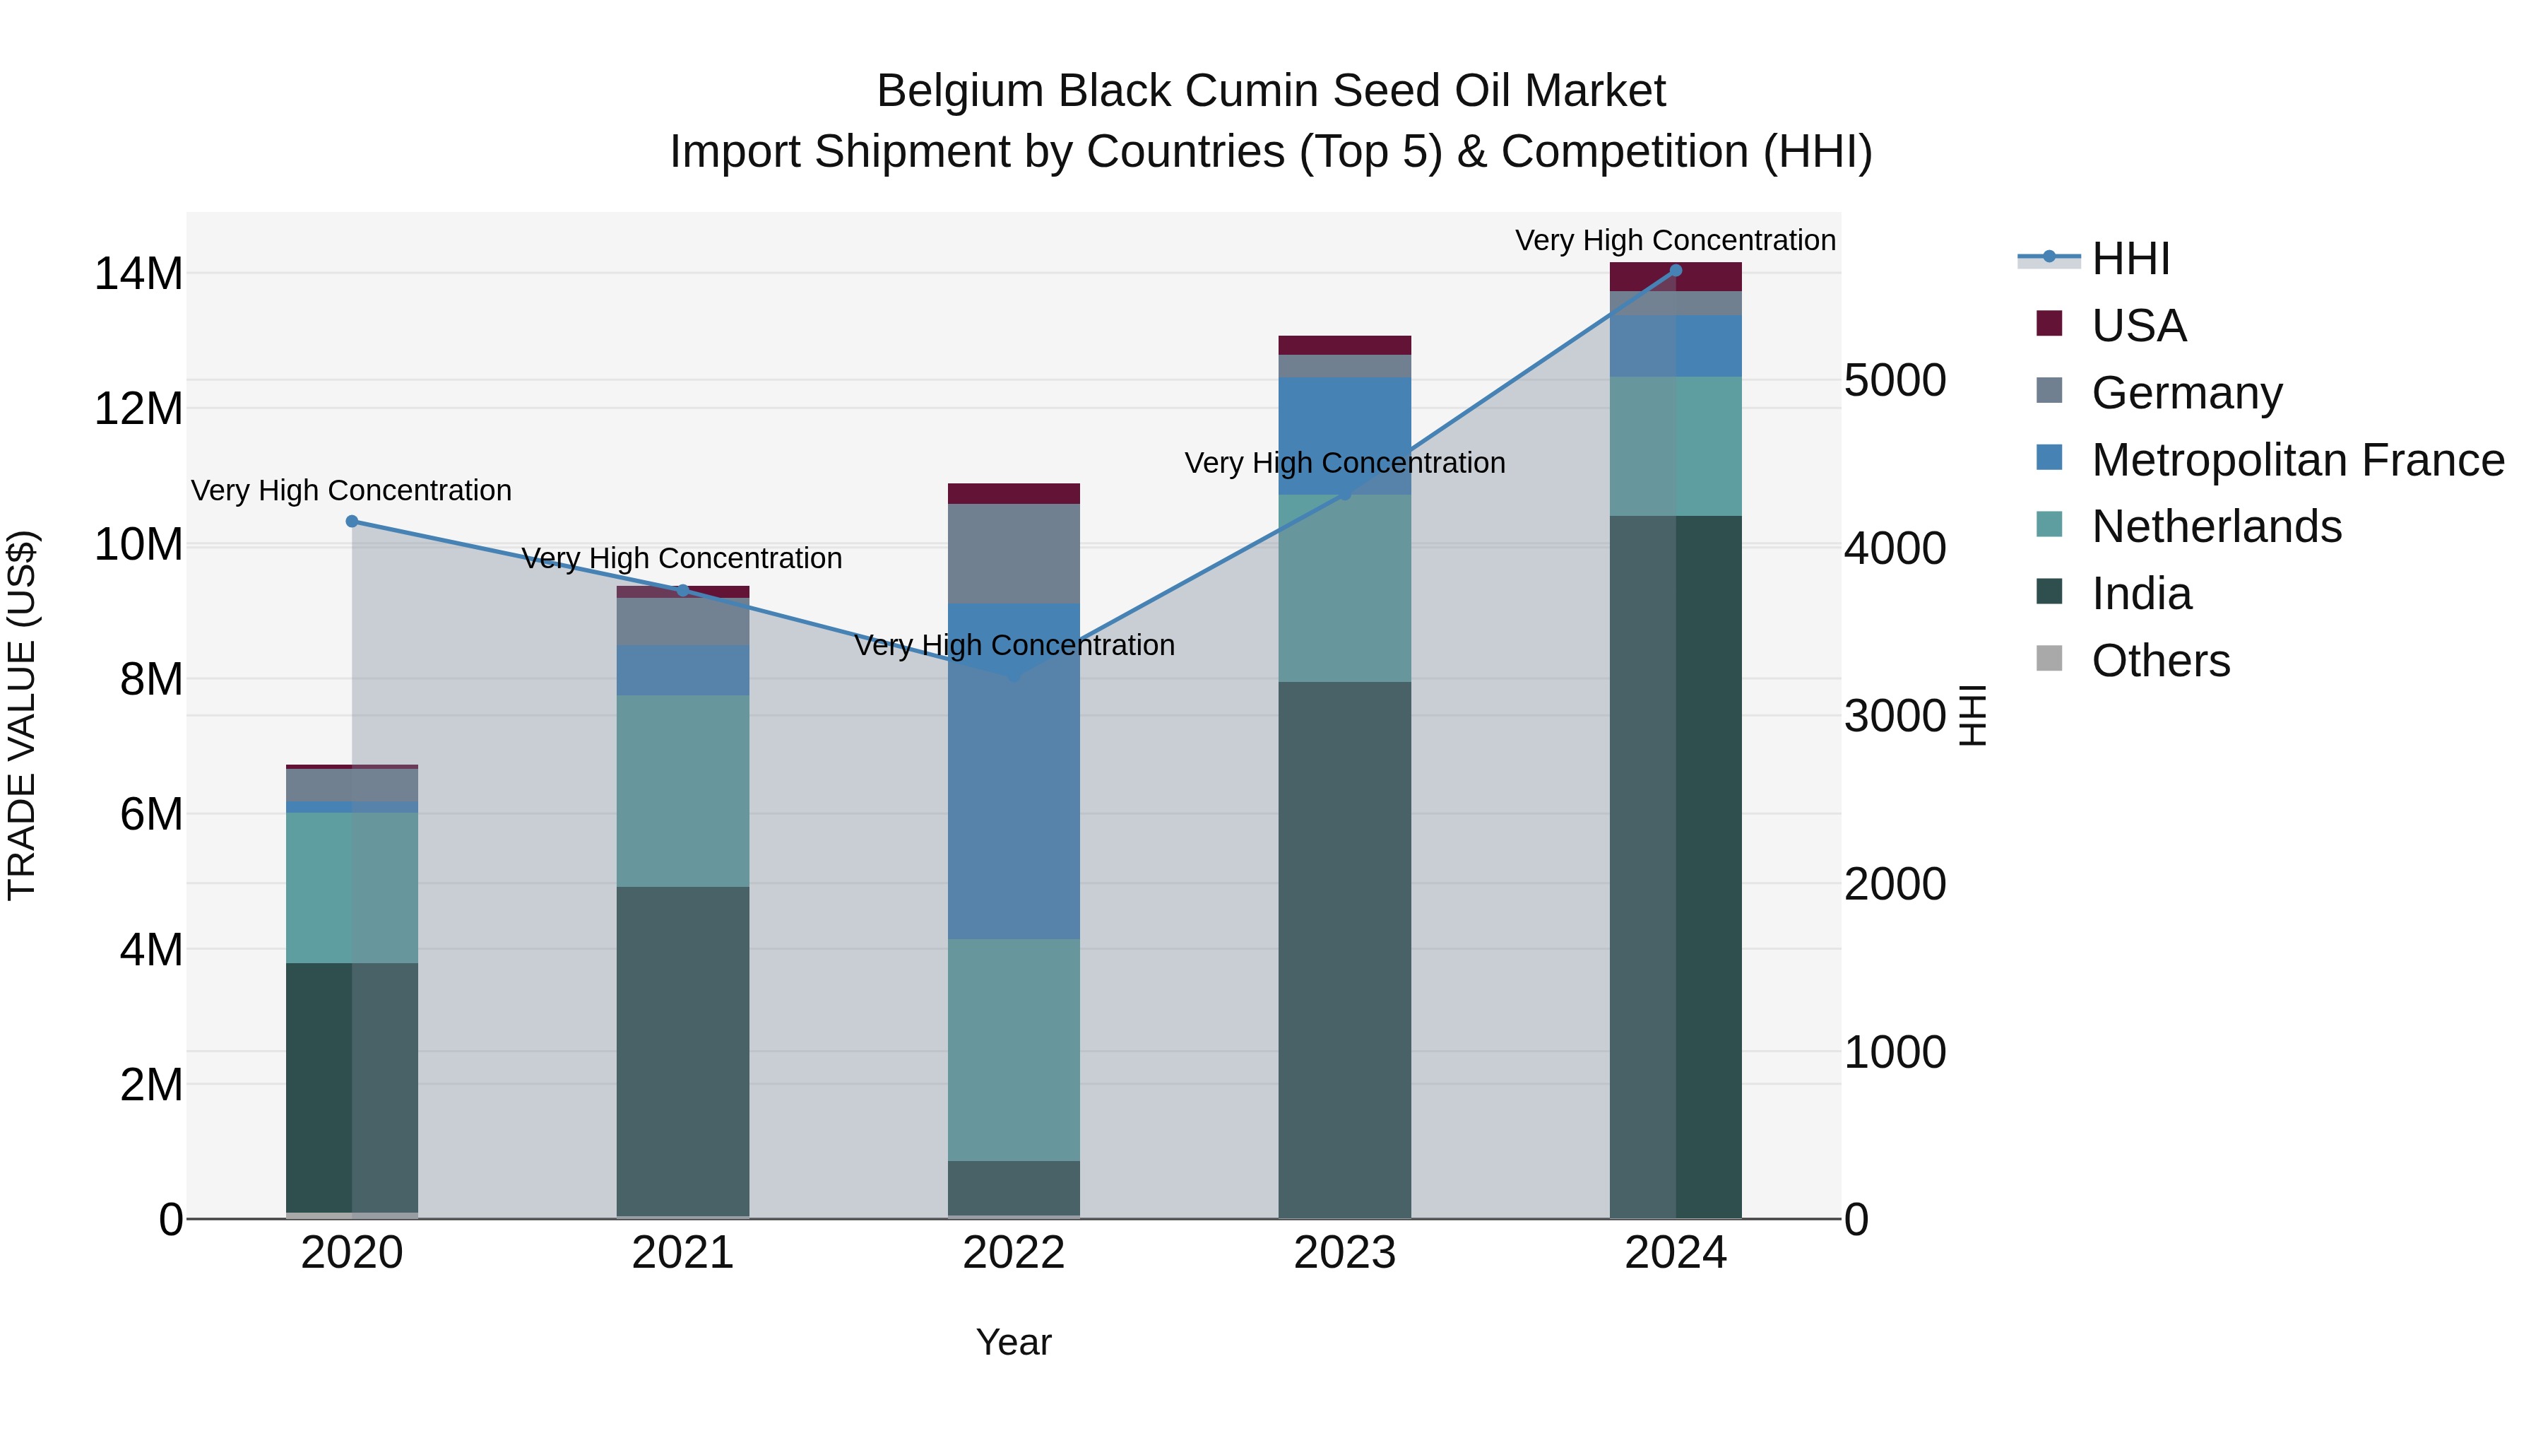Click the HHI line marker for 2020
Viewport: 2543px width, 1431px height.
pos(352,522)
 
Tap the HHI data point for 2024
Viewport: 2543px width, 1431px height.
pos(1676,271)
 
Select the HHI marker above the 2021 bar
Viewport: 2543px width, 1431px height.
pos(682,591)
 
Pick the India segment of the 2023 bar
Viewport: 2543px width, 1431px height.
pos(1344,948)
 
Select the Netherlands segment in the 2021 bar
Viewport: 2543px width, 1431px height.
pos(682,790)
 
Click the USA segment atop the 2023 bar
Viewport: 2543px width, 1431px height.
pos(1344,345)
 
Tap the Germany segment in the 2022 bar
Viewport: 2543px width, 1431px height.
pos(1014,553)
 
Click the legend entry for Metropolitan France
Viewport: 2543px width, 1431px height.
pos(2296,459)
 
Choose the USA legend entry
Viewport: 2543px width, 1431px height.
pos(2138,325)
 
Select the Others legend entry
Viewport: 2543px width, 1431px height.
pos(2160,661)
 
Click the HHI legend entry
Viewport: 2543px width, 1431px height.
pos(2130,259)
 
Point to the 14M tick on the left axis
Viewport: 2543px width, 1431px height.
pos(138,273)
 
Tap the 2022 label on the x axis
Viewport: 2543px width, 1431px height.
pos(1014,1253)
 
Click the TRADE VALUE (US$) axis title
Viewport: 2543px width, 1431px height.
pos(22,715)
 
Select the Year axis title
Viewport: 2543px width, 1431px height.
pos(1014,1342)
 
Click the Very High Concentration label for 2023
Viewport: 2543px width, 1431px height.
pos(1344,462)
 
